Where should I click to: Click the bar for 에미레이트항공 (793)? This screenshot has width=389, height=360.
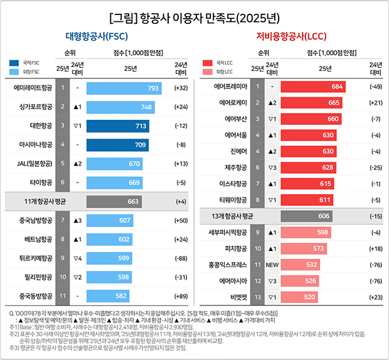click(124, 88)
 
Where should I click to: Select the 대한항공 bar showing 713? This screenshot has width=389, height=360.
click(118, 126)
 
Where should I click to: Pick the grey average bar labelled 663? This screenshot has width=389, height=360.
click(114, 201)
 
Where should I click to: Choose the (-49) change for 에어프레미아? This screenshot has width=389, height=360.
click(375, 86)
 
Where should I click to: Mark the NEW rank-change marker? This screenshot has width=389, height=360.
click(272, 265)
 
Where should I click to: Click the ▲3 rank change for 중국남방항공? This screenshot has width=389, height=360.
click(78, 220)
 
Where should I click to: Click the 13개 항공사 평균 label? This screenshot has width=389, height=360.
click(233, 216)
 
